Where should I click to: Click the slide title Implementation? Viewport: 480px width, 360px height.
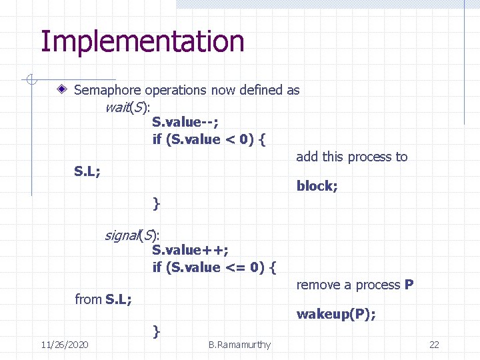[142, 41]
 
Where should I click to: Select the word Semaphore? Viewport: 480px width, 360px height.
[107, 90]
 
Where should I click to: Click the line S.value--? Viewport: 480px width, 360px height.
[185, 121]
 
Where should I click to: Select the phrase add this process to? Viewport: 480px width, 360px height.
[351, 157]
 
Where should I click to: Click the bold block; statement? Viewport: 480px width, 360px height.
[317, 186]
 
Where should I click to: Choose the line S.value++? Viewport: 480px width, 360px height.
[190, 249]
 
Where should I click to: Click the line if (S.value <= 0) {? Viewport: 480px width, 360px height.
[215, 267]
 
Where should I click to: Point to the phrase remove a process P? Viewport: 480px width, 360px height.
[355, 285]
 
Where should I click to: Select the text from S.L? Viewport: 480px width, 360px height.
[103, 299]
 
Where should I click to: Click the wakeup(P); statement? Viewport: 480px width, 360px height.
[336, 314]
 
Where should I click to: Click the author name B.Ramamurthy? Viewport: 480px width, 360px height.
[239, 345]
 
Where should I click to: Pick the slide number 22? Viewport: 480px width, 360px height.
[434, 345]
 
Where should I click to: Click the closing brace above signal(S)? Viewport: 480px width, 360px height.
[156, 202]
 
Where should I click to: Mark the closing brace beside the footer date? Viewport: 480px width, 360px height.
[156, 330]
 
